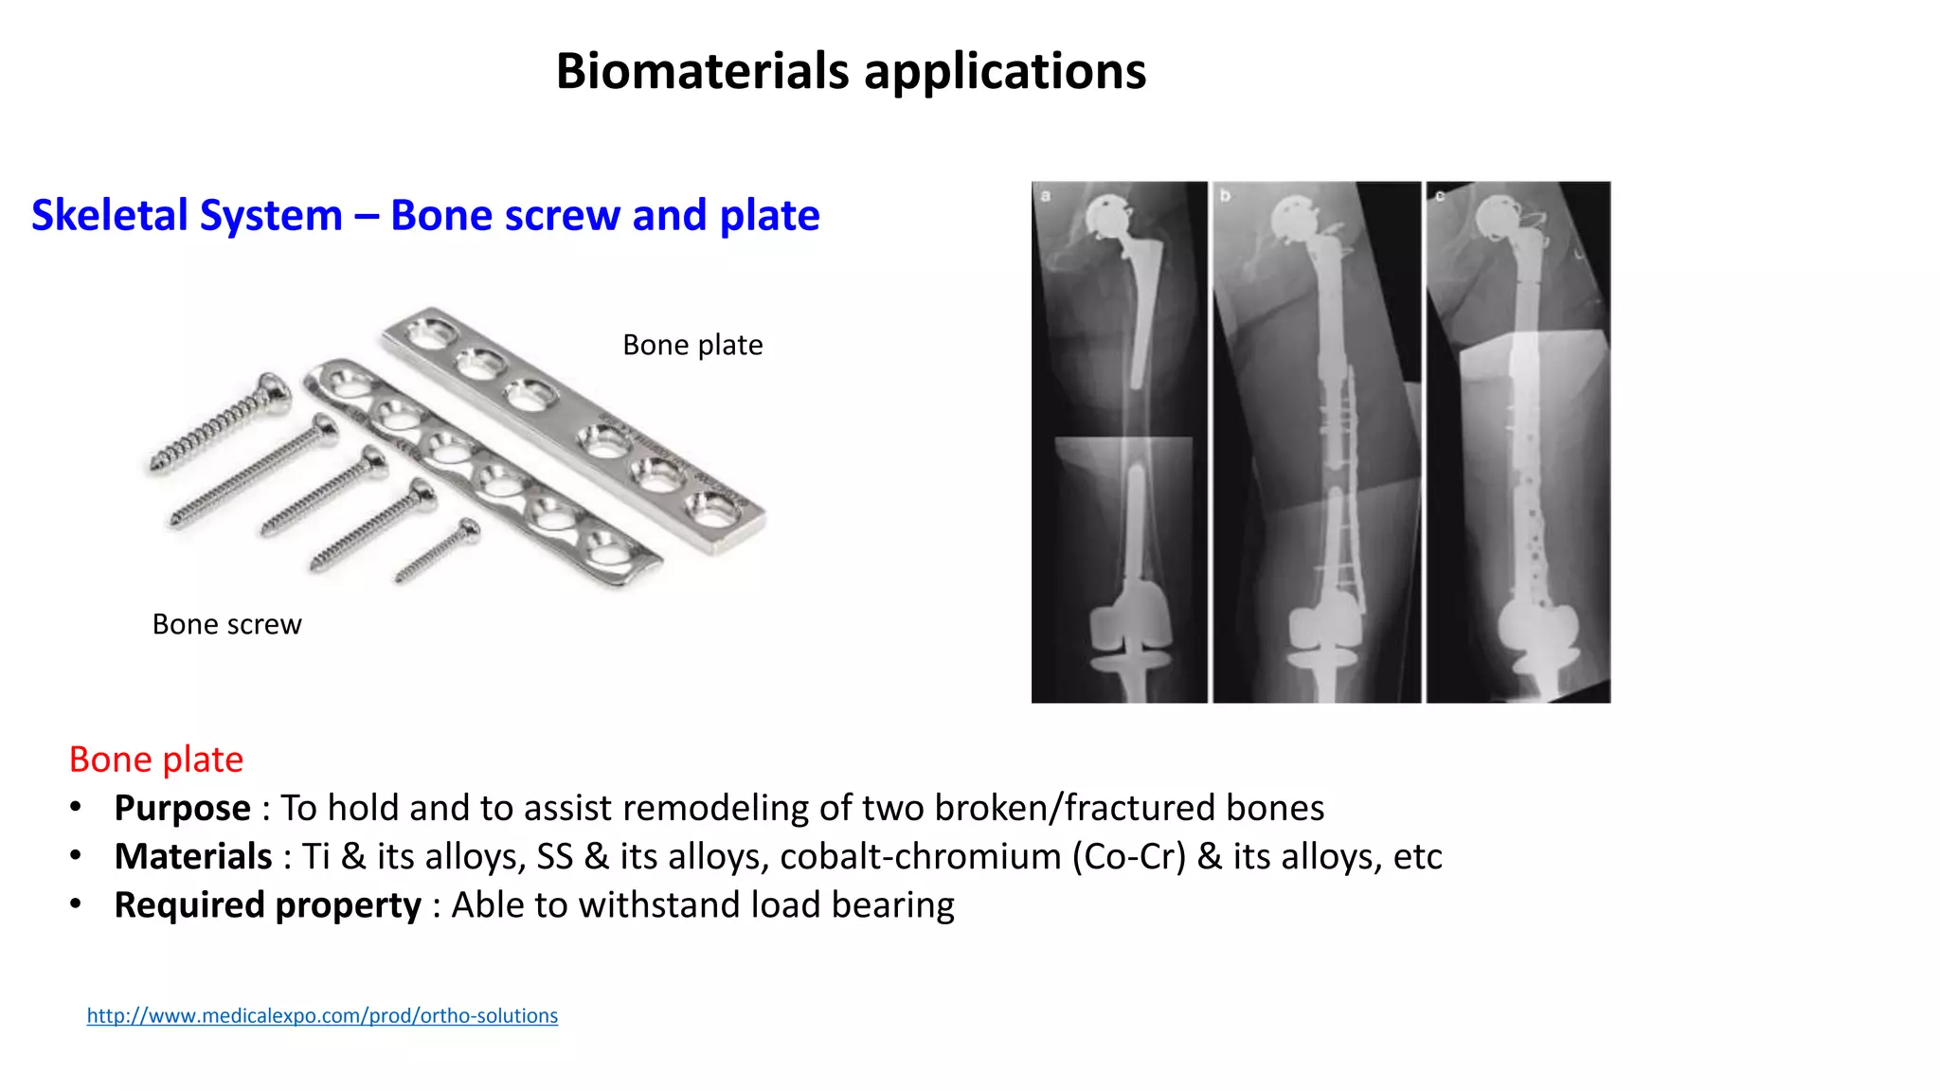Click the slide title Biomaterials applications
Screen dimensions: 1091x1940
pyautogui.click(x=850, y=71)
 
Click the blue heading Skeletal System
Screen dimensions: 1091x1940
pyautogui.click(x=187, y=215)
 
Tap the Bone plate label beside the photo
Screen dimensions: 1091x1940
pyautogui.click(x=692, y=345)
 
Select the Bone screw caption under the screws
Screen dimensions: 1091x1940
pyautogui.click(x=226, y=624)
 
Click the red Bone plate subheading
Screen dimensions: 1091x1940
pyautogui.click(x=156, y=760)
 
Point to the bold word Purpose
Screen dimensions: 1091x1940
pyautogui.click(x=182, y=808)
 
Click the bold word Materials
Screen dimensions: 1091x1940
pyautogui.click(x=193, y=856)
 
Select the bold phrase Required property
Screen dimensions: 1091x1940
pyautogui.click(x=267, y=904)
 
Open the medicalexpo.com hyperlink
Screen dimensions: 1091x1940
pyautogui.click(x=322, y=1015)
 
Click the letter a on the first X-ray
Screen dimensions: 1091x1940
pyautogui.click(x=1046, y=196)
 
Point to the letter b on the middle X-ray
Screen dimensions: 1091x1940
pyautogui.click(x=1225, y=196)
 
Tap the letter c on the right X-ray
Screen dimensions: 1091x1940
pyautogui.click(x=1440, y=196)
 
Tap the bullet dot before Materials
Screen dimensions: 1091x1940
pyautogui.click(x=76, y=856)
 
